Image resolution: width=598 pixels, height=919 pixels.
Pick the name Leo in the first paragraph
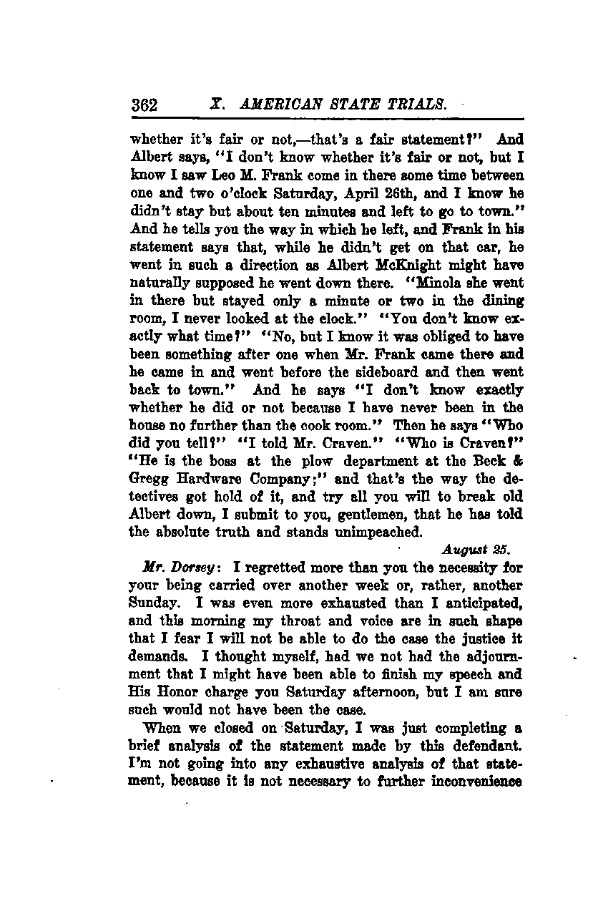coord(215,175)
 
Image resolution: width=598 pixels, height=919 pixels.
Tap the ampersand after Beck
coord(519,462)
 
